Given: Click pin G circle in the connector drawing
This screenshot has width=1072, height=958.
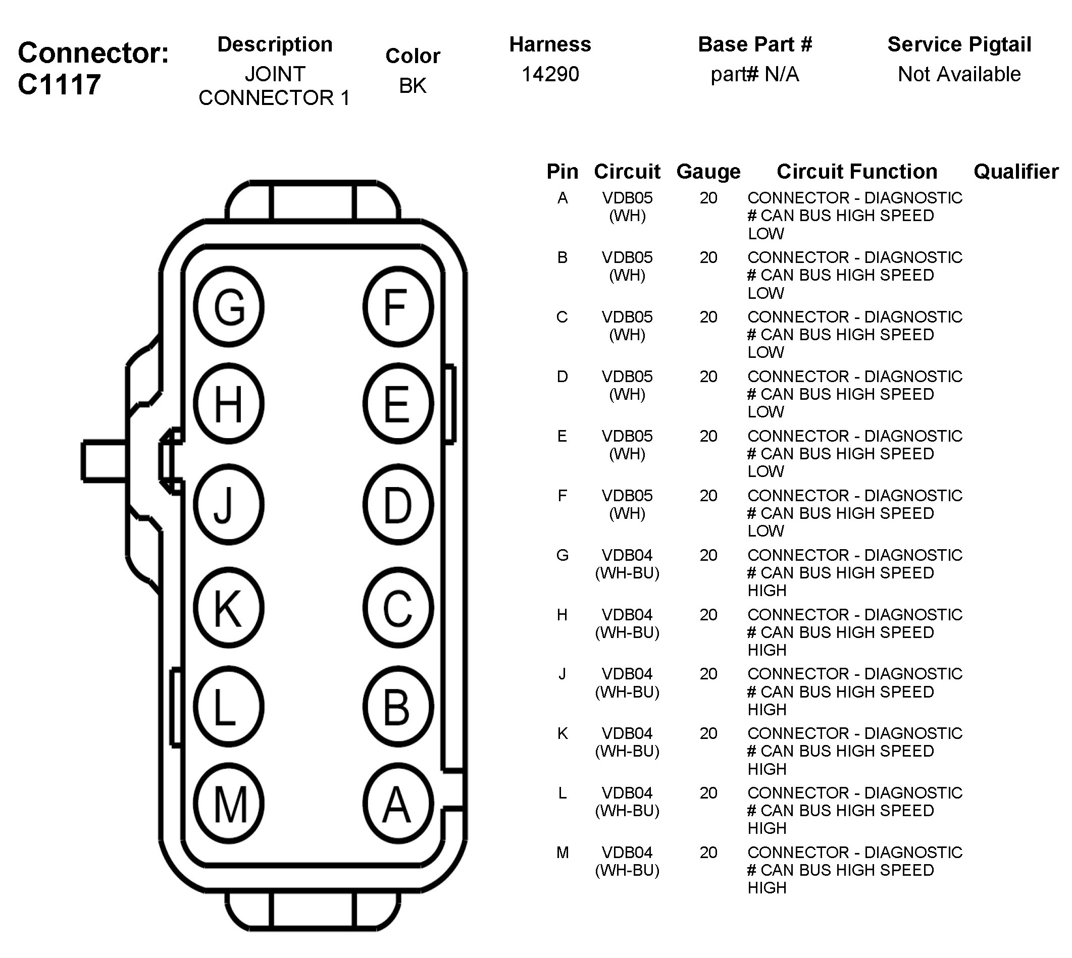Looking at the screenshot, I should pos(229,306).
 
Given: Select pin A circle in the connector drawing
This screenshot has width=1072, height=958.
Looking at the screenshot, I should pos(398,804).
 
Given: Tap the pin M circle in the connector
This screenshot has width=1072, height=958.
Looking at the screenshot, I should pos(229,804).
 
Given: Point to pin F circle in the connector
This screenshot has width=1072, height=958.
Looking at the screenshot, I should pos(398,306).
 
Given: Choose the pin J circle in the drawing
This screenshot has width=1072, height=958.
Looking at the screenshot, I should pos(229,504).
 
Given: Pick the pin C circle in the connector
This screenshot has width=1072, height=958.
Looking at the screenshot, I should pos(398,607).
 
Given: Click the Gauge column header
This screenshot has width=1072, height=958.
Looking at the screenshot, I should pos(708,172).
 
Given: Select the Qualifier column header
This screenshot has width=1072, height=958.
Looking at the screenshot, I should pos(1015,172).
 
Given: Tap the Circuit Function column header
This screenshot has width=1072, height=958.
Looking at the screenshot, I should pos(857,172).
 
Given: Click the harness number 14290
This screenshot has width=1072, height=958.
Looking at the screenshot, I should pos(550,74).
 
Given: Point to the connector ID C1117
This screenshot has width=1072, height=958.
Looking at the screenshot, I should pos(59,84).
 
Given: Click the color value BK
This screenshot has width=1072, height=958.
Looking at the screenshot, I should pos(412,86).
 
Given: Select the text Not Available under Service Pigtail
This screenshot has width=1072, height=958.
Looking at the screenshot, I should pos(959,74).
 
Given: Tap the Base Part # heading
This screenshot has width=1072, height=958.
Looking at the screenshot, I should pos(754,45).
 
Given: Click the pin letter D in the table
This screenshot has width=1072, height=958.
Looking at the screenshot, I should pos(563,377).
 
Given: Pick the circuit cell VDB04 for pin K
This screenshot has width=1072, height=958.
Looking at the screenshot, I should pos(627,733).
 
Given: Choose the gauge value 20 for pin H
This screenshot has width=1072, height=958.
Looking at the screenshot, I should pos(708,615).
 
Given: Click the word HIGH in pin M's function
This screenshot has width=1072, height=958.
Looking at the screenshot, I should pos(767,888).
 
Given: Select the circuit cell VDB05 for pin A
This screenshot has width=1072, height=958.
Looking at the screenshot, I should pos(627,198).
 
